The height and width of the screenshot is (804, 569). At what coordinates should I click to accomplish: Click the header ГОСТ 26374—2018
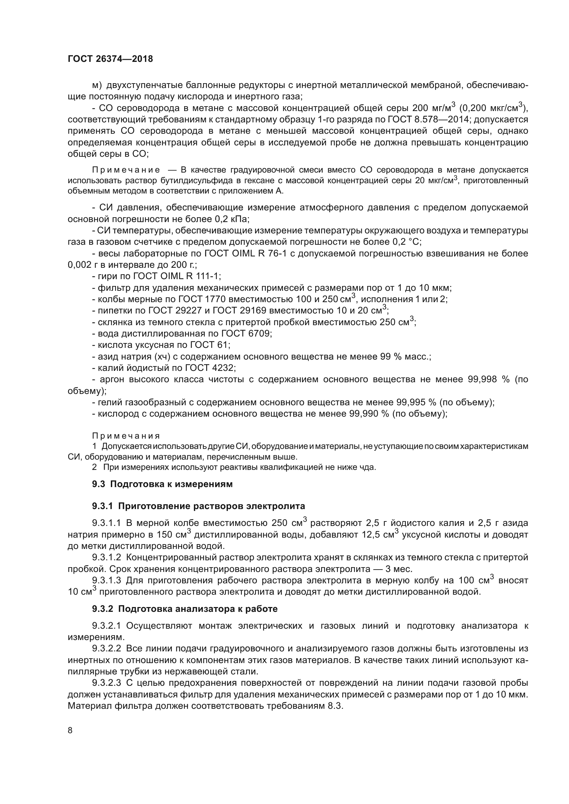pos(110,59)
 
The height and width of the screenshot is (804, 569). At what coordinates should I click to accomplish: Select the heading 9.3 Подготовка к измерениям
pos(162,484)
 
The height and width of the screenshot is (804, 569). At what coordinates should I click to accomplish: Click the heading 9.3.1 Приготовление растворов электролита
pos(198,506)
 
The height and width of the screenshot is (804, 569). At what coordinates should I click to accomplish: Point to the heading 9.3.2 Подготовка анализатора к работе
pos(185,609)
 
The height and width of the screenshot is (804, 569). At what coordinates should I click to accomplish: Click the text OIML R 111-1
pos(190,276)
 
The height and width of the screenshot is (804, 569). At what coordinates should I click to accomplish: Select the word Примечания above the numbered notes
pos(126,436)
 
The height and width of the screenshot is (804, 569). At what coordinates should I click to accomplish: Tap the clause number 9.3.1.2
pos(106,558)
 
